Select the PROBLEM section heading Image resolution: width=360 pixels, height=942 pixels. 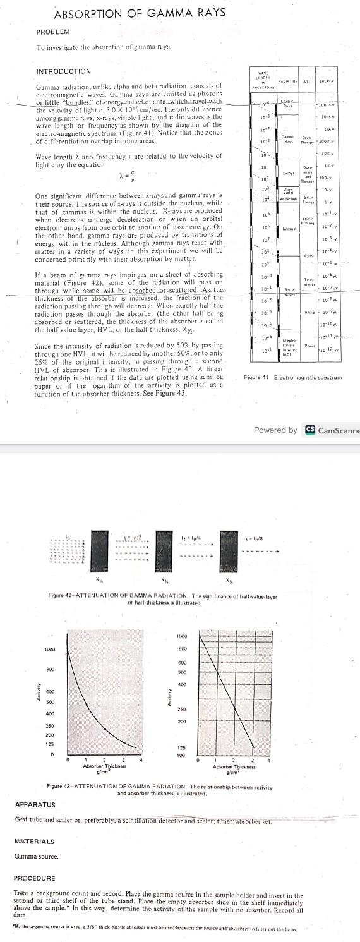(x=53, y=32)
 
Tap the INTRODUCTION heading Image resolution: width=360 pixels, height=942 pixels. (x=64, y=71)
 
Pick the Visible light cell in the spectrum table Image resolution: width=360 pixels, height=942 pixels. (x=289, y=198)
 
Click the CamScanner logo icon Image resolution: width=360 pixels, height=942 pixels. (x=310, y=430)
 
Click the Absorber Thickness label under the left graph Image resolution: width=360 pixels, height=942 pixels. (x=101, y=765)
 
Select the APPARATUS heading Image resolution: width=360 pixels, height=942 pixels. (x=35, y=805)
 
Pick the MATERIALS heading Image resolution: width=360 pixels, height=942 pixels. (x=34, y=842)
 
